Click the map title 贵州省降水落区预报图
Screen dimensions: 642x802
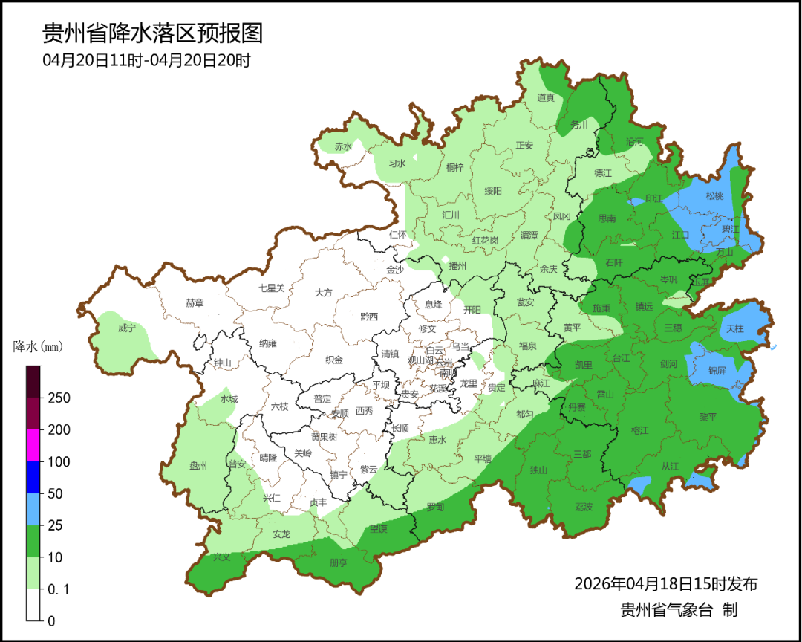click(x=153, y=33)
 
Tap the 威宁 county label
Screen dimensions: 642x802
click(x=127, y=328)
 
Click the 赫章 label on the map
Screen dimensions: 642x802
click(x=194, y=303)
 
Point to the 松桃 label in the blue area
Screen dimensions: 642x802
click(x=714, y=196)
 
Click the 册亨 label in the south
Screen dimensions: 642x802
click(x=338, y=562)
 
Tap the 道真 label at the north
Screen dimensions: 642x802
click(x=546, y=97)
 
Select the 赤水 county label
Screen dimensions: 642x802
click(x=342, y=146)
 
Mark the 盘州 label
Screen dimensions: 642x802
click(x=198, y=466)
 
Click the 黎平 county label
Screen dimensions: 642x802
click(x=708, y=417)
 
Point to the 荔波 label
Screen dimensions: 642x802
click(x=584, y=506)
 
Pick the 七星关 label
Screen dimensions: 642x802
click(x=271, y=288)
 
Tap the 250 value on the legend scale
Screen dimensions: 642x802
click(x=59, y=398)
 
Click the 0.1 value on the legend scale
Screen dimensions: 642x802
click(x=58, y=589)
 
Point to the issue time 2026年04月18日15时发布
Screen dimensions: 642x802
click(x=665, y=583)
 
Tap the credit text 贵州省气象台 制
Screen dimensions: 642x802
click(x=679, y=610)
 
